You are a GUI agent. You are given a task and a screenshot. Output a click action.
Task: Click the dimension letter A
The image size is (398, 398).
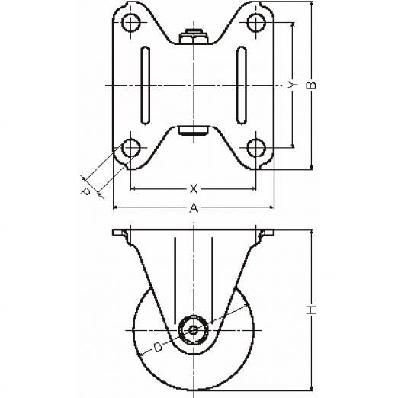[194, 208]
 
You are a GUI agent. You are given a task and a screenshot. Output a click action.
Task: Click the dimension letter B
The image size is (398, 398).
[312, 85]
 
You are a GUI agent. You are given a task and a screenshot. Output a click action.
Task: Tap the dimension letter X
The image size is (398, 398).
[194, 189]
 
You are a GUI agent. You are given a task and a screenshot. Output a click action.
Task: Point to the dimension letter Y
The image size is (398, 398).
[293, 85]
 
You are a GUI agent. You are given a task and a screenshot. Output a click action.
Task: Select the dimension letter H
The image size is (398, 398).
[312, 310]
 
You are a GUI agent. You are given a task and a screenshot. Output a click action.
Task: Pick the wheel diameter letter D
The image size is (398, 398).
[158, 347]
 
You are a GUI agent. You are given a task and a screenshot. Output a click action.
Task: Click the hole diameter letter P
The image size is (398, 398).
[85, 191]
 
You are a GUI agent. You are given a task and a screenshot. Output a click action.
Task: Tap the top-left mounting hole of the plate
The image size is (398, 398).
[131, 23]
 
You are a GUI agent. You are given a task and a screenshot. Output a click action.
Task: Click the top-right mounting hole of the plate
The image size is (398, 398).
[256, 23]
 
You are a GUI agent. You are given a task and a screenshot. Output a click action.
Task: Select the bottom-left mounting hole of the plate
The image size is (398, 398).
[131, 148]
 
